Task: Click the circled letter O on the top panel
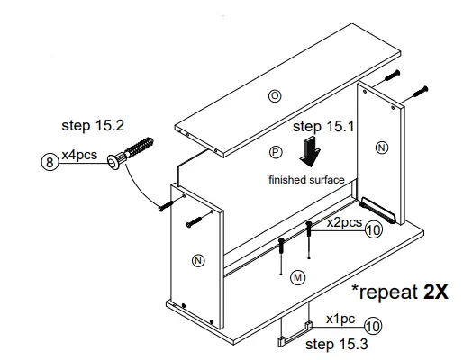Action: (277, 95)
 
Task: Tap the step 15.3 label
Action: (336, 343)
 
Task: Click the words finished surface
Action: (306, 180)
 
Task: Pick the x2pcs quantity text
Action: (344, 220)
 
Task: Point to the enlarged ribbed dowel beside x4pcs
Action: (132, 154)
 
